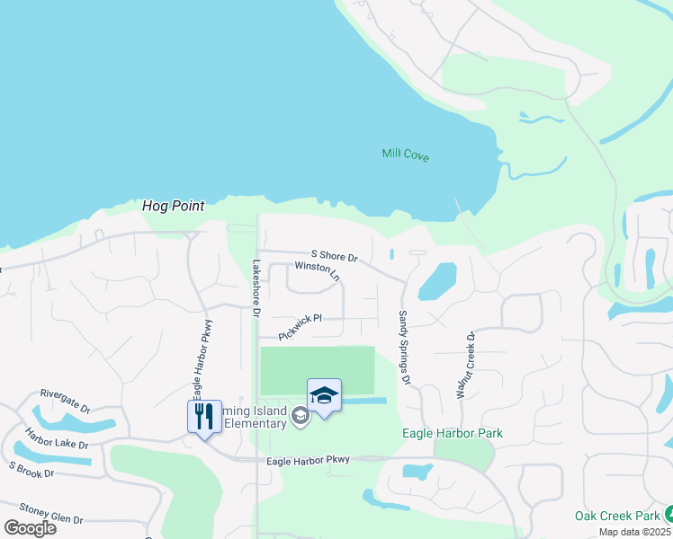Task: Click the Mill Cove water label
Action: click(x=405, y=155)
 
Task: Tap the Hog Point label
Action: click(x=174, y=206)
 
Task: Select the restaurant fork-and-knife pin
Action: click(x=205, y=418)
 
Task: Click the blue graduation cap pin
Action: click(x=324, y=396)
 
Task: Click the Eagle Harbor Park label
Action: click(x=452, y=434)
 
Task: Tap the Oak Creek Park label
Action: click(x=616, y=516)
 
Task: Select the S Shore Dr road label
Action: click(x=335, y=256)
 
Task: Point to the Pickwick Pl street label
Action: click(x=300, y=326)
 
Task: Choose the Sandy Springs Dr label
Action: click(x=405, y=349)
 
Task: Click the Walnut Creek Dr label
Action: click(x=470, y=364)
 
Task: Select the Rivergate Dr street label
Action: click(x=66, y=400)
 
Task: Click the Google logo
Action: click(x=29, y=528)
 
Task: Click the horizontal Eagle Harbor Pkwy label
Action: click(x=308, y=461)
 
